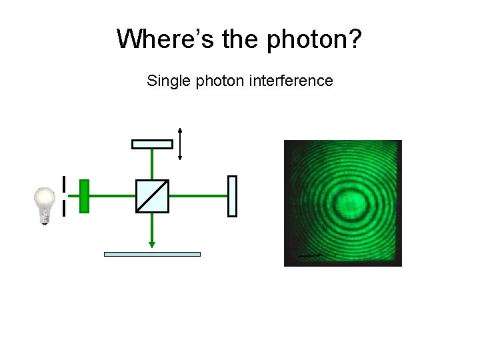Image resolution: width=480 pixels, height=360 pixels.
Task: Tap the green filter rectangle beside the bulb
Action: click(x=84, y=196)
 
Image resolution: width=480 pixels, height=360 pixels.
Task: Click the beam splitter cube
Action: click(x=152, y=196)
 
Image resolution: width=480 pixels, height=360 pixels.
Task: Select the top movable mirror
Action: click(x=152, y=144)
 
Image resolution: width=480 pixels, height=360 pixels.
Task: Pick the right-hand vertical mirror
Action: click(x=232, y=196)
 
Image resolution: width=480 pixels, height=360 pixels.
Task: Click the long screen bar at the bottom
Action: click(x=152, y=254)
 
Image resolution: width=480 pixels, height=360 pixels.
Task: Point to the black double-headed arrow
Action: click(x=180, y=144)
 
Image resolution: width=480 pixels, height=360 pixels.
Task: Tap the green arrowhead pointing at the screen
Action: click(x=152, y=244)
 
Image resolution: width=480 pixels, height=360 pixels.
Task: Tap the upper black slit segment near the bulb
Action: click(x=63, y=184)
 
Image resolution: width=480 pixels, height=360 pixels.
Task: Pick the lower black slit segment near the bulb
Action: click(x=63, y=209)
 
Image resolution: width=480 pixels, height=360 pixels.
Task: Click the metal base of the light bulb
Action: click(x=45, y=219)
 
